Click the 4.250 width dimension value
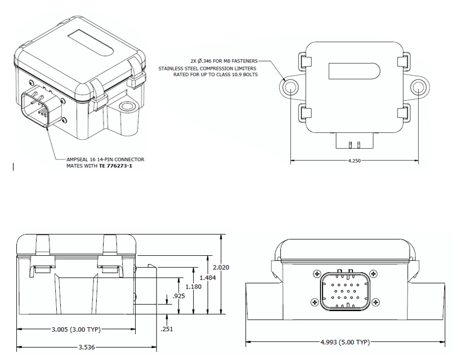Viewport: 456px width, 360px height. tap(355, 161)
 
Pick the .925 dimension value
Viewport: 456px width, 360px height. tap(179, 296)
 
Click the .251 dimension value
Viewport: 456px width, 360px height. tap(167, 329)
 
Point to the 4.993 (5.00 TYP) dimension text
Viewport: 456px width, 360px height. tap(345, 342)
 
